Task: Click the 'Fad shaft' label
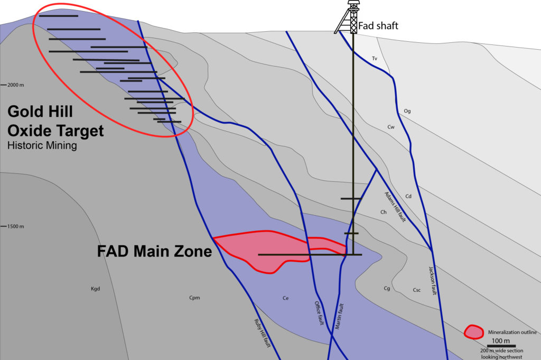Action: (378, 26)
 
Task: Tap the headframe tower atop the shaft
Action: (350, 17)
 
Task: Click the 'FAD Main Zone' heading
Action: (154, 251)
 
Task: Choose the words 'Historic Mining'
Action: (42, 145)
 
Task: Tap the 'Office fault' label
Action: (319, 312)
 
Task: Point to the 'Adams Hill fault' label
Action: (395, 206)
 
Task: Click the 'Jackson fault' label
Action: (433, 281)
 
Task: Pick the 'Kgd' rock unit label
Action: (95, 289)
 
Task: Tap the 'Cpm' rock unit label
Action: (194, 298)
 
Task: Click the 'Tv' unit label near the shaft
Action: (374, 58)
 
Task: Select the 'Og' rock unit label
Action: (407, 111)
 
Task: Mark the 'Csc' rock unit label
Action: (417, 290)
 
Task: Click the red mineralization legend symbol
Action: (473, 331)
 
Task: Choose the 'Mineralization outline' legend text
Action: (512, 332)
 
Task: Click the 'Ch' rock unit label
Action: (384, 212)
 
